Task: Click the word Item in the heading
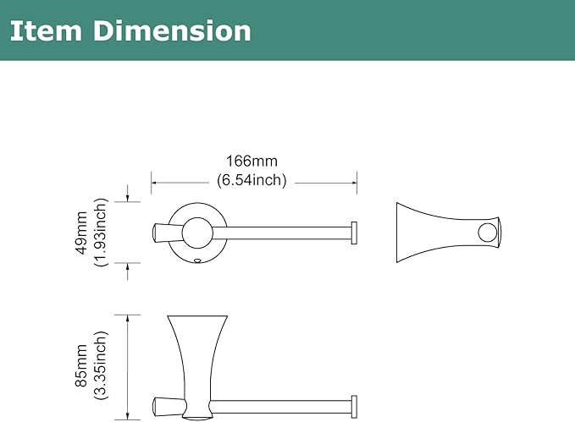pyautogui.click(x=46, y=30)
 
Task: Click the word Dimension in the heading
pyautogui.click(x=172, y=30)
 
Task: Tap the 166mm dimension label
pyautogui.click(x=252, y=161)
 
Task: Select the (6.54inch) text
pyautogui.click(x=252, y=180)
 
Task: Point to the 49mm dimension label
pyautogui.click(x=81, y=233)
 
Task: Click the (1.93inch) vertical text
pyautogui.click(x=101, y=233)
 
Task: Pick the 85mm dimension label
pyautogui.click(x=81, y=365)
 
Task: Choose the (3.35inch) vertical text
pyautogui.click(x=101, y=365)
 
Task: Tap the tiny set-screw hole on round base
pyautogui.click(x=197, y=261)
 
